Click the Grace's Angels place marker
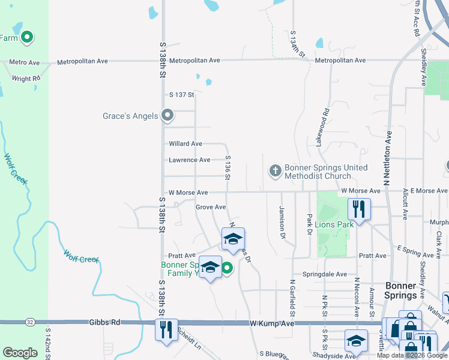pyautogui.click(x=168, y=115)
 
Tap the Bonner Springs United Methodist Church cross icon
pyautogui.click(x=275, y=172)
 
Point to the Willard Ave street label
pyautogui.click(x=185, y=144)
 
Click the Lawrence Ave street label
pyautogui.click(x=190, y=160)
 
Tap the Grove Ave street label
pyautogui.click(x=211, y=207)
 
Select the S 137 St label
pyautogui.click(x=182, y=95)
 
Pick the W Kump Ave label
pyautogui.click(x=273, y=323)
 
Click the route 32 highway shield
pyautogui.click(x=30, y=322)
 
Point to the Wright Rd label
pyautogui.click(x=26, y=79)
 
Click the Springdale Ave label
pyautogui.click(x=325, y=274)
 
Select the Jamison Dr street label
pyautogui.click(x=282, y=221)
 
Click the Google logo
pyautogui.click(x=20, y=353)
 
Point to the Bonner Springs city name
pyautogui.click(x=400, y=290)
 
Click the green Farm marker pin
pyautogui.click(x=26, y=38)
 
